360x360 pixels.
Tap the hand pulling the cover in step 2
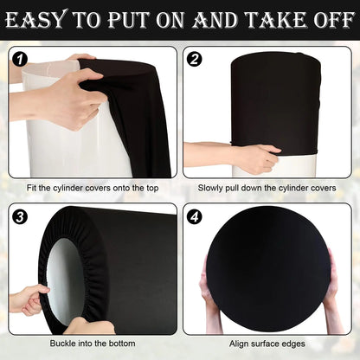pos(255,157)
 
